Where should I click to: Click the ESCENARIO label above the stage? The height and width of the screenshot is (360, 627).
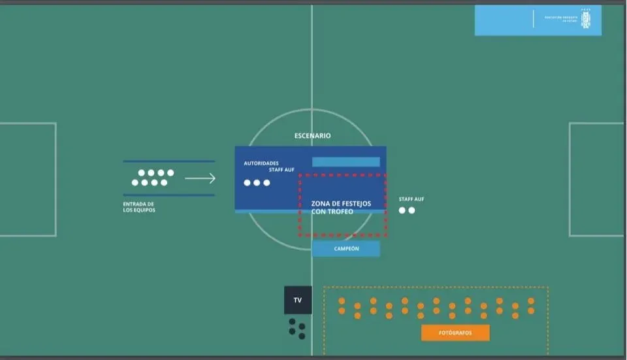(312, 136)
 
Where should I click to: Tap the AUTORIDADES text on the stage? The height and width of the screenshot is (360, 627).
(261, 163)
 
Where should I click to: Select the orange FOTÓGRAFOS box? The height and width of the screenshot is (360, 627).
(455, 333)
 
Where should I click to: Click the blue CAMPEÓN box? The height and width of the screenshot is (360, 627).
(346, 249)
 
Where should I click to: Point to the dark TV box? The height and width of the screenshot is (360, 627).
(298, 301)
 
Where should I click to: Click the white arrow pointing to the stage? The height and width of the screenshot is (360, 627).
(200, 178)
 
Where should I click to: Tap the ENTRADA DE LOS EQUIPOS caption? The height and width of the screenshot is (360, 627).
(139, 207)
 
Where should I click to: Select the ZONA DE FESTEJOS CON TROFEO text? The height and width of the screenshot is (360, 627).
(341, 208)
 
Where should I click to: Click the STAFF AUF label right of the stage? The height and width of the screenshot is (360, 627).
(411, 199)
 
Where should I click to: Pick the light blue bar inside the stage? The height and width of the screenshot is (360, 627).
(346, 162)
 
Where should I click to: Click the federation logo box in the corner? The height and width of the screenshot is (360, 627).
(538, 20)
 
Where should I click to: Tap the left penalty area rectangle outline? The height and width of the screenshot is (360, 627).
(56, 179)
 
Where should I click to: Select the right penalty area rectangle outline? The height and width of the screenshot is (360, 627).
(570, 179)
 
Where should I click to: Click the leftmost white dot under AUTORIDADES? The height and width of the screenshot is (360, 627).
(248, 183)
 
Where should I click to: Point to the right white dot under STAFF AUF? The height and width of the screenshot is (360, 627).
(412, 210)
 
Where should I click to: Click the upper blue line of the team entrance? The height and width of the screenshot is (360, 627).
(169, 161)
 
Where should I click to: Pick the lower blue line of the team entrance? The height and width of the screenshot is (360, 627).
(169, 195)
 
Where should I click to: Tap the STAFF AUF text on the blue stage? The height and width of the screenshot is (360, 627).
(281, 170)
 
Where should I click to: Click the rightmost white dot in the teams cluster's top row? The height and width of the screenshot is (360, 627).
(170, 173)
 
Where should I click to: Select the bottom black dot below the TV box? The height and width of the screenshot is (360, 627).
(302, 336)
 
